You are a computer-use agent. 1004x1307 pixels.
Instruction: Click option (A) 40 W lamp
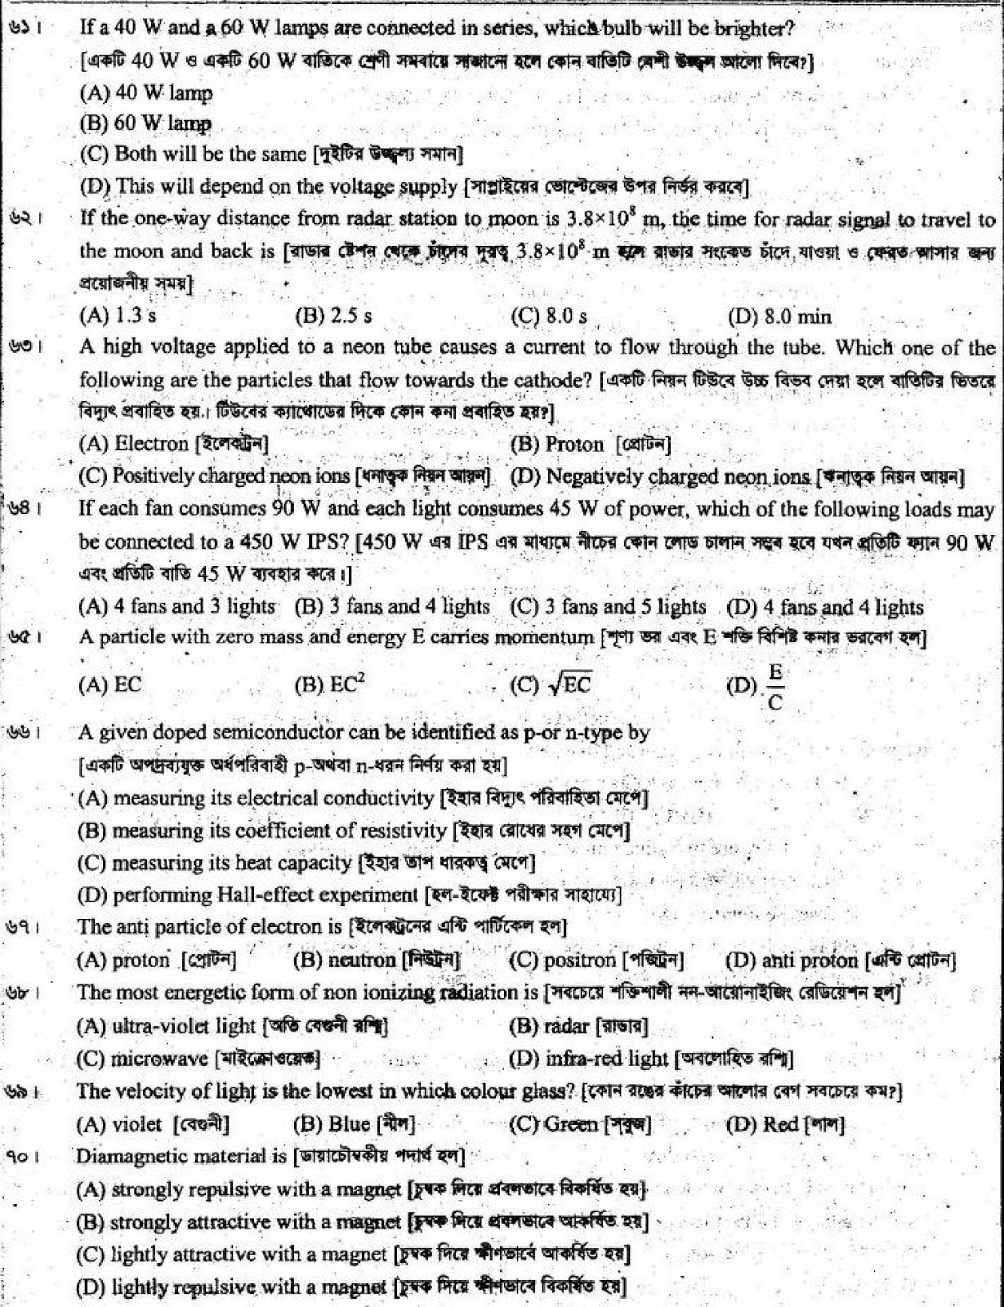(x=145, y=92)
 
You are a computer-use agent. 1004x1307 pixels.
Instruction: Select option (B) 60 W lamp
(x=145, y=123)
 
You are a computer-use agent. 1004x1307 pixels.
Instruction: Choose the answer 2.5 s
(x=332, y=315)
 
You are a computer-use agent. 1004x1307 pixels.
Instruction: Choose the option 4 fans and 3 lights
(x=176, y=606)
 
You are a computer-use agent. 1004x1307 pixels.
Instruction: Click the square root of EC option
(x=551, y=685)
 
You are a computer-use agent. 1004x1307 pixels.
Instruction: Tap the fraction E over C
(x=774, y=686)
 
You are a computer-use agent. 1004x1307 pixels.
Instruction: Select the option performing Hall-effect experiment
(x=248, y=895)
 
